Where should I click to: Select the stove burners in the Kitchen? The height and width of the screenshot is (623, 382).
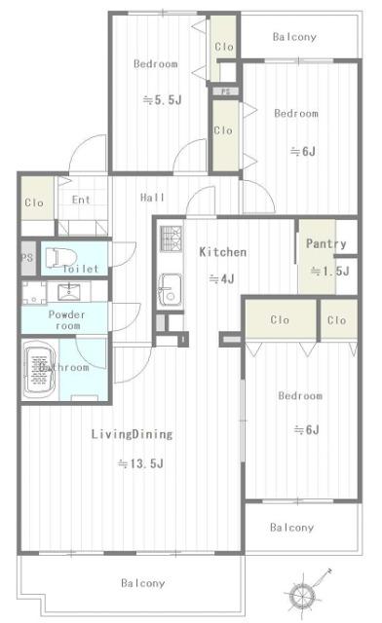(171, 238)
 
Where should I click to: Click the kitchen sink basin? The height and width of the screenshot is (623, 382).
(169, 289)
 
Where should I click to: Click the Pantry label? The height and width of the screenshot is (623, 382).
(326, 243)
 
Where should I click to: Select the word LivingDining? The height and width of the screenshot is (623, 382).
(133, 434)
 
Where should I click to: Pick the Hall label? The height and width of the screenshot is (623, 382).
(152, 198)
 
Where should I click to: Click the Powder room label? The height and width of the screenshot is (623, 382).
(67, 320)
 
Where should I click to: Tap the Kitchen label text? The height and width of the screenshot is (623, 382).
(222, 252)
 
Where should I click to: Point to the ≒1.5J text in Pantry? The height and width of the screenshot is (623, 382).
(328, 272)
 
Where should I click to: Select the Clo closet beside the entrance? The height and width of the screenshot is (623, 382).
(33, 203)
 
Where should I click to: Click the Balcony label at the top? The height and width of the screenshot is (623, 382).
(293, 37)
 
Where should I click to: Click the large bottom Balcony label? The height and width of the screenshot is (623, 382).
(142, 583)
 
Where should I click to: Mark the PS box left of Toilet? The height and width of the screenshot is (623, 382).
(25, 258)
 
